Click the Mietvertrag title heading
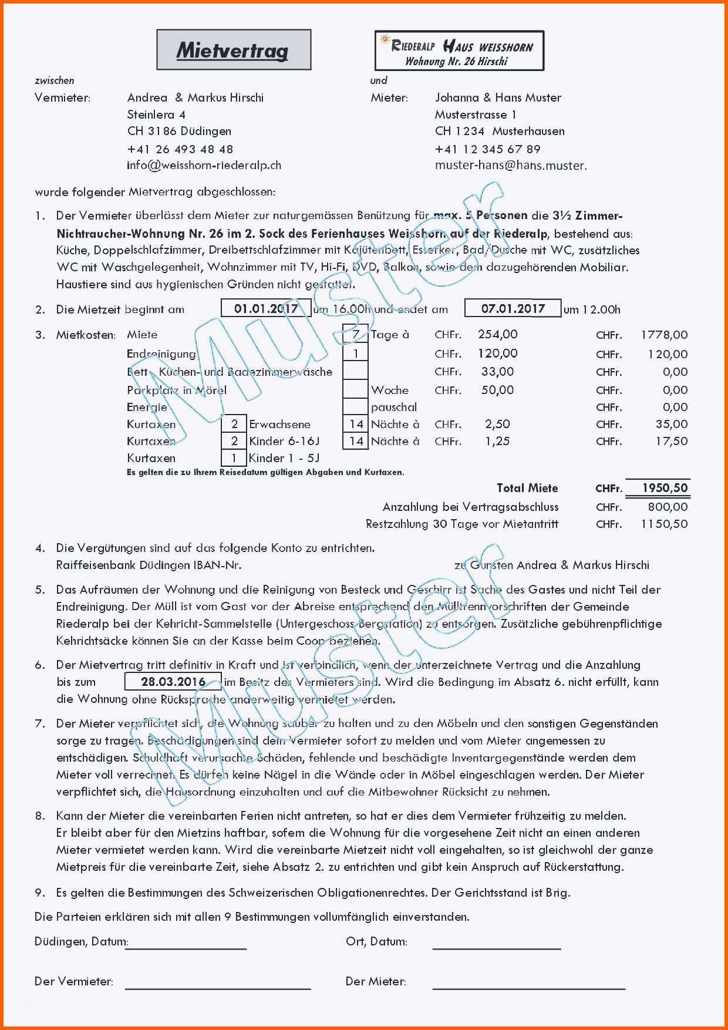coord(233,51)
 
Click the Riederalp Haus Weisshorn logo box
coord(459,51)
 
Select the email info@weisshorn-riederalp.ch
coord(204,166)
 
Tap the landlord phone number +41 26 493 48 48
coord(180,149)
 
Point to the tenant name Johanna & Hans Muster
coord(498,97)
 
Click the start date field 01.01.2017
coord(266,308)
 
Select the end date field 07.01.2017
coord(513,308)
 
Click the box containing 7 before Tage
coord(356,335)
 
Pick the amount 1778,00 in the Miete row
coord(664,335)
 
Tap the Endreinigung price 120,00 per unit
coord(497,354)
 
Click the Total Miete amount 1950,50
coord(665,488)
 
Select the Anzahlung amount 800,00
coord(668,507)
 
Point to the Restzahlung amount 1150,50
coord(664,524)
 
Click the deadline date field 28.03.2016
coord(173,682)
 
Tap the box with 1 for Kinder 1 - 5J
coord(234,458)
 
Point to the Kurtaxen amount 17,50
coord(672,441)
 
